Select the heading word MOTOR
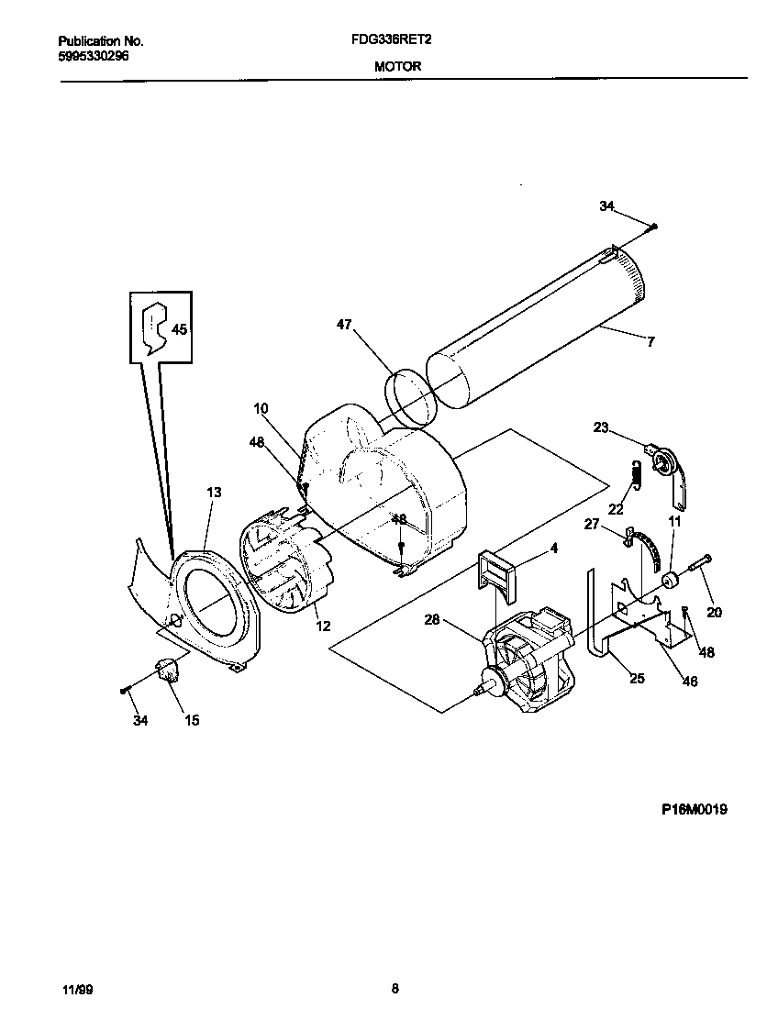pos(397,66)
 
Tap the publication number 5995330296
pos(93,56)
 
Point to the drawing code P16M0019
pos(695,809)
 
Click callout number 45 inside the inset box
pos(179,328)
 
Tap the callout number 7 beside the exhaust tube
pos(650,342)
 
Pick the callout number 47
pos(344,325)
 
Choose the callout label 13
pos(214,493)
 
